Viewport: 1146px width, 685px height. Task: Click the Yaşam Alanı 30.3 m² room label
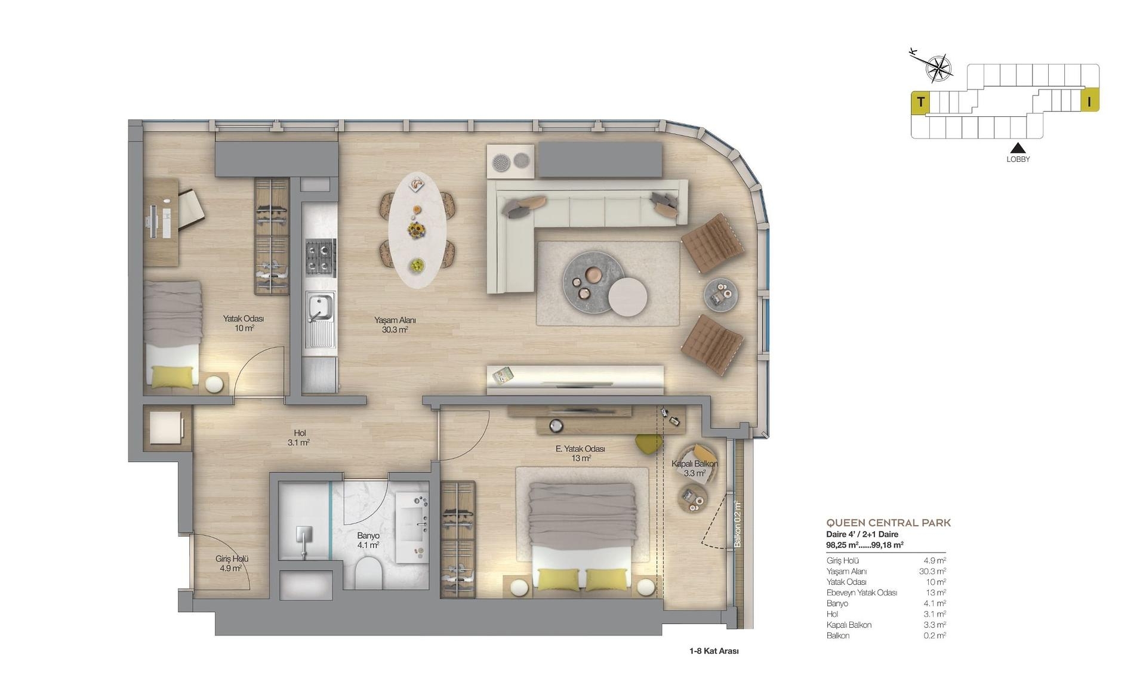[395, 325]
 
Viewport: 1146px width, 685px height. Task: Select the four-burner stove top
[321, 257]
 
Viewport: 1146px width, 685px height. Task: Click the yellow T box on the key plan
[920, 102]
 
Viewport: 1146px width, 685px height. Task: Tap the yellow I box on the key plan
[1089, 102]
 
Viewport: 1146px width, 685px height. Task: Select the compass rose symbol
[938, 67]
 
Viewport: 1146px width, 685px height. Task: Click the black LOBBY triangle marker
[1018, 148]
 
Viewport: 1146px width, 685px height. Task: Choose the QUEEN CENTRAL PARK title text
[888, 523]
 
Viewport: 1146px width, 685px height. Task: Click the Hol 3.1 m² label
[299, 438]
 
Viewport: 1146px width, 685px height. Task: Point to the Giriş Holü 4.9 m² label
[232, 564]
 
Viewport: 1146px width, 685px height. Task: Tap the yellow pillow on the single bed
[172, 377]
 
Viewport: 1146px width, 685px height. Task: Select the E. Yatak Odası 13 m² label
[580, 453]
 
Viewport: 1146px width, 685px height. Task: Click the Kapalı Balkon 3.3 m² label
[694, 468]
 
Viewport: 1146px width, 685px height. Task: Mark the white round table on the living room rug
[627, 297]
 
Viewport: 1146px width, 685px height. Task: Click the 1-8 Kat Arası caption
[714, 651]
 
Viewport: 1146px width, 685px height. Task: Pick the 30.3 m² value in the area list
[932, 572]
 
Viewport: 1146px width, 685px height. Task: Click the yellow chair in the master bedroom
[649, 444]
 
